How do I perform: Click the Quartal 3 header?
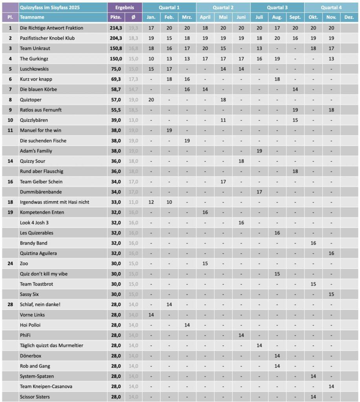pos(277,7)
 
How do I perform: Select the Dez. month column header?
pos(349,17)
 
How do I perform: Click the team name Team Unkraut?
pos(35,48)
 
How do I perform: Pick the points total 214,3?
pos(116,28)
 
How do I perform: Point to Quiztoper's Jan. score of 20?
pos(151,100)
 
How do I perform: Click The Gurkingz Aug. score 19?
pos(277,58)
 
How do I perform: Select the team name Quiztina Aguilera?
pos(38,253)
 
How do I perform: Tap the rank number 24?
pos(11,263)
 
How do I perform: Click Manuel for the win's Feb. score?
pos(169,130)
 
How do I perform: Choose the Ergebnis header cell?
pos(125,7)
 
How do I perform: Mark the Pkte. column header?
pos(116,17)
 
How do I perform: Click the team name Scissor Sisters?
pos(35,397)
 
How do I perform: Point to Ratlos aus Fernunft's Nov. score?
pos(331,110)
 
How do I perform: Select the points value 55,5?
pos(116,110)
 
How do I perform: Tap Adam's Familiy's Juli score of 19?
pos(259,151)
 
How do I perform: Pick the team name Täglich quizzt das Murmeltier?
pos(51,345)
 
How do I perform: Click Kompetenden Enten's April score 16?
pos(205,212)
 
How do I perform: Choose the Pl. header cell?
pos(11,17)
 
